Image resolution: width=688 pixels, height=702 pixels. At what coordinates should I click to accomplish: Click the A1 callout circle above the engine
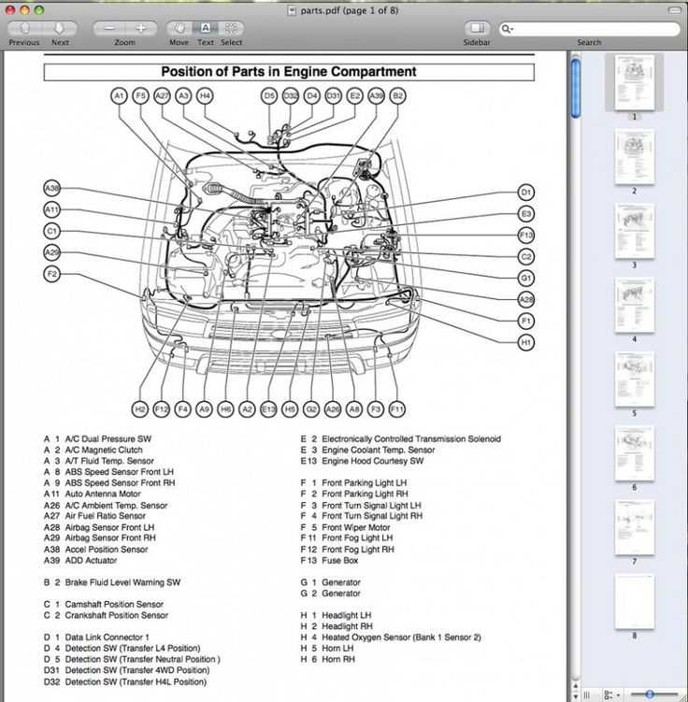click(x=119, y=95)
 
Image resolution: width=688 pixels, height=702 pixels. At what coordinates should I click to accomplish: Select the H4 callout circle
click(x=205, y=95)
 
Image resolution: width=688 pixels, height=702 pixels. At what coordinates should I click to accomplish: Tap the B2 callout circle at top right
click(x=397, y=95)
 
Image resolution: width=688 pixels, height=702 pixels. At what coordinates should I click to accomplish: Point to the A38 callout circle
click(x=52, y=188)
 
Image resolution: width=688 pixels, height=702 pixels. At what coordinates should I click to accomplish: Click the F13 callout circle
click(x=526, y=235)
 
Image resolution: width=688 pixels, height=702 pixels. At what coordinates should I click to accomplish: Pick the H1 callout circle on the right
click(x=526, y=343)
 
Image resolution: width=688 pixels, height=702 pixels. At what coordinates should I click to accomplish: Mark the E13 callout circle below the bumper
click(x=268, y=409)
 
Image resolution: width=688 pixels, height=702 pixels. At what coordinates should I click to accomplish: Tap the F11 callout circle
click(x=397, y=409)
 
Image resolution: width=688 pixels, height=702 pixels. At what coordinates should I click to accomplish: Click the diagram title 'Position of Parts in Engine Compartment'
click(x=289, y=72)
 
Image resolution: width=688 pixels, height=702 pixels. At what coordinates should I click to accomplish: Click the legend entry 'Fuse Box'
click(x=340, y=561)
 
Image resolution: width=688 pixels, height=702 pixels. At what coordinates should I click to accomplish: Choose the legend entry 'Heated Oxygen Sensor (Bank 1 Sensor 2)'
click(x=401, y=638)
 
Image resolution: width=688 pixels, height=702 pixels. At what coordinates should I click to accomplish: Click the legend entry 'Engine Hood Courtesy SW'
click(x=372, y=461)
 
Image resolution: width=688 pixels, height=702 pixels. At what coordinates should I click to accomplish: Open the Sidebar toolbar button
click(x=477, y=30)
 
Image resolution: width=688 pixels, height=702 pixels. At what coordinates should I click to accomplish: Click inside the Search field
click(x=589, y=29)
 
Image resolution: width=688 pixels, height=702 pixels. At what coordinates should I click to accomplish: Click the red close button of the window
click(x=12, y=9)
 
